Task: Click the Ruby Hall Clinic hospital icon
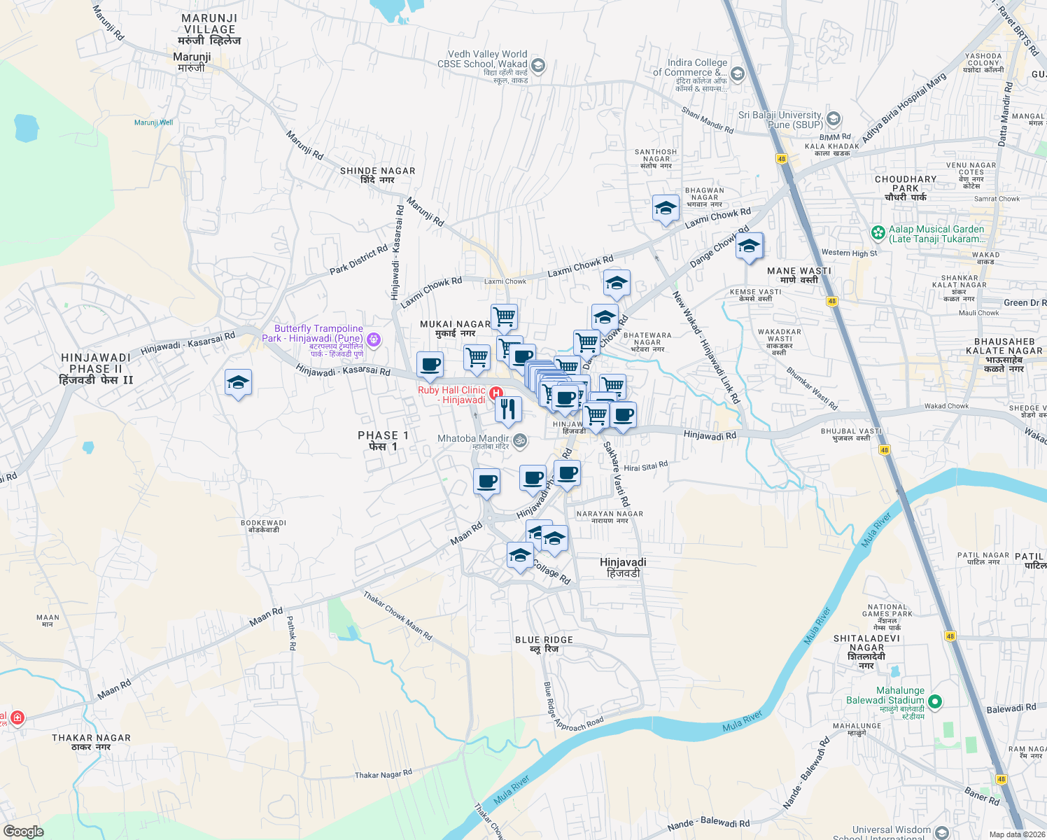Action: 496,393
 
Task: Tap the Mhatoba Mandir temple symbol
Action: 520,440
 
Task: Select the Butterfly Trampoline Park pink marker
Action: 374,339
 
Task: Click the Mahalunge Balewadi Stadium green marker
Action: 935,701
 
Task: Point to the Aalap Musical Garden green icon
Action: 878,232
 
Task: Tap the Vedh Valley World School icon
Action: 537,66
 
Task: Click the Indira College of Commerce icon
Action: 736,73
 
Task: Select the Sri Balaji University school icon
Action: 833,118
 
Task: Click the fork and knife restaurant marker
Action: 508,408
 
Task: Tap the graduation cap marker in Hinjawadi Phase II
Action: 238,383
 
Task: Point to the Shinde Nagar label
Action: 378,175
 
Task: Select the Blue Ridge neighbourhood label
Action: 544,644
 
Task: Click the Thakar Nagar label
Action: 91,742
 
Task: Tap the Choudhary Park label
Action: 905,188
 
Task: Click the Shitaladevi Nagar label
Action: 866,651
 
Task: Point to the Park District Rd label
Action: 358,260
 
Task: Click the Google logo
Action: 23,831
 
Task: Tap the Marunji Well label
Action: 153,122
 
